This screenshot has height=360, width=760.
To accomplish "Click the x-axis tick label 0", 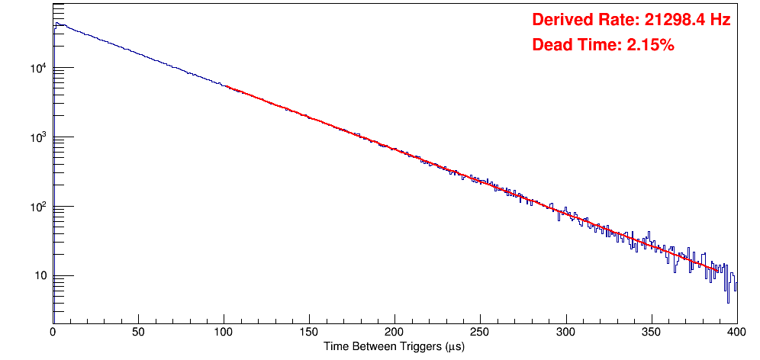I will click(x=53, y=332).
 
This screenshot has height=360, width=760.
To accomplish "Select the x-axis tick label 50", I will click(x=138, y=332).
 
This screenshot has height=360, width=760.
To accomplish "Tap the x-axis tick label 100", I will click(x=224, y=332).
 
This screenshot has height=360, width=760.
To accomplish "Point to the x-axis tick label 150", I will click(x=309, y=332).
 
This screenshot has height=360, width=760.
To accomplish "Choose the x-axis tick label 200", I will click(x=394, y=332).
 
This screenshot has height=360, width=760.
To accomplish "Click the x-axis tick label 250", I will click(x=480, y=332).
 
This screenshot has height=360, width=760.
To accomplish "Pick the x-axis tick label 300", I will click(x=565, y=332).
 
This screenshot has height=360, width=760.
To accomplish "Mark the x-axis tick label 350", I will click(x=651, y=332).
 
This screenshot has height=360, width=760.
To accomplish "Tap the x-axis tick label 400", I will click(x=736, y=332).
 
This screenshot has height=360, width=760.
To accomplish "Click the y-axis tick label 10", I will click(x=40, y=276).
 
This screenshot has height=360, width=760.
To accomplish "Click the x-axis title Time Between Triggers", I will click(x=394, y=347).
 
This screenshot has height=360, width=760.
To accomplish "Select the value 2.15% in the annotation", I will click(x=650, y=45).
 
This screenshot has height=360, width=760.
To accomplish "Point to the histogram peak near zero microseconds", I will click(x=56, y=24).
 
